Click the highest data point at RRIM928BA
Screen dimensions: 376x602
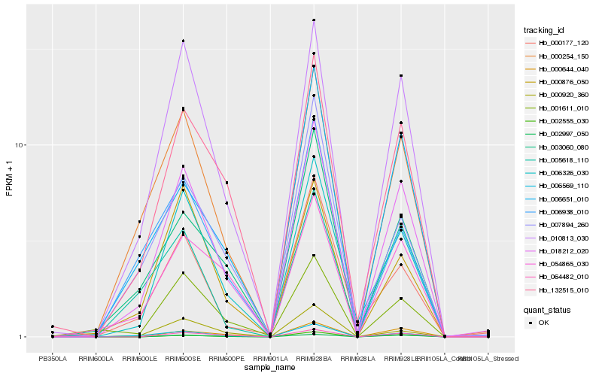[313, 20]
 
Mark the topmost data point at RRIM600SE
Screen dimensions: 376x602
[183, 41]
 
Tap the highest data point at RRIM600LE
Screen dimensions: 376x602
[139, 222]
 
